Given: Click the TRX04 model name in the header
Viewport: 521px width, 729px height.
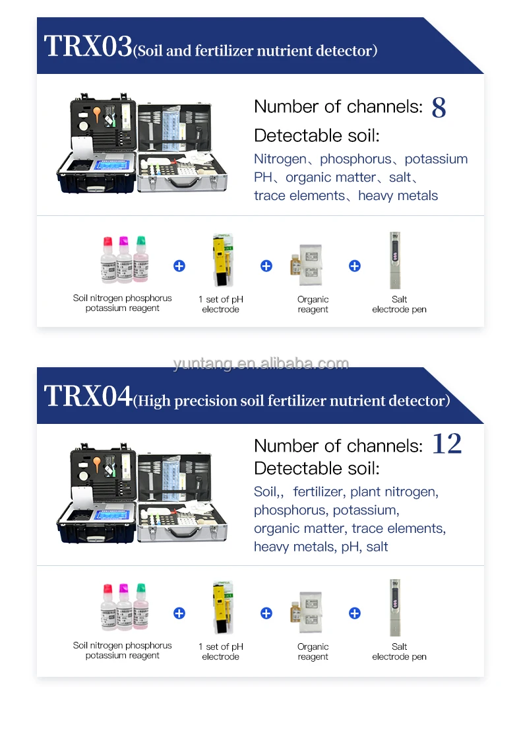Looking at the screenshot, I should pos(88,397).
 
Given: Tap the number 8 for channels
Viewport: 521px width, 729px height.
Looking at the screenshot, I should pos(439,108).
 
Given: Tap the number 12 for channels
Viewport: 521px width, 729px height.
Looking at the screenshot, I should pos(446,444).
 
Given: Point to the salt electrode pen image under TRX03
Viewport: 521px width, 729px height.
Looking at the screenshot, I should pos(396,260).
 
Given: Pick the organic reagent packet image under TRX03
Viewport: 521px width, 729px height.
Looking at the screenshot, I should pos(310,265).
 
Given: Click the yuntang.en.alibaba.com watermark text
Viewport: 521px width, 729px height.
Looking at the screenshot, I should pos(260,363).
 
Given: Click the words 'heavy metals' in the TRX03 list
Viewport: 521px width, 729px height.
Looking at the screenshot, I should pos(398,195).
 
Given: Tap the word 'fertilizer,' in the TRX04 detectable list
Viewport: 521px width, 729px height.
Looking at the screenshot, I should pos(318,492).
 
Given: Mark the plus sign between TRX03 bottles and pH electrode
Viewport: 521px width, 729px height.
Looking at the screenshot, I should pos(179,265).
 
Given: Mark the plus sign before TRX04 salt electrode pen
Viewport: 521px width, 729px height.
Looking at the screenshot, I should pos(355,613).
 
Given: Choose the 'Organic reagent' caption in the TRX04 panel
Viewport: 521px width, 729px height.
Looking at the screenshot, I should pos(313,652).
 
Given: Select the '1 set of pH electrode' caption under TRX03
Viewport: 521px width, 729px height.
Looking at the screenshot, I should pos(220,304).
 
